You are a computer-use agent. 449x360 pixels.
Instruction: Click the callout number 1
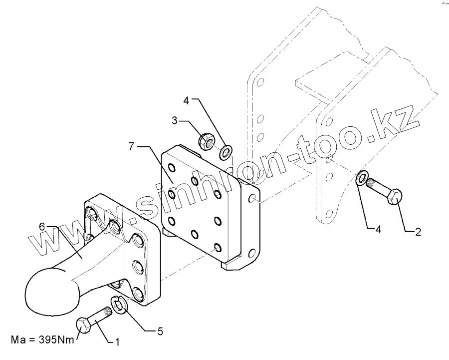(x=117, y=342)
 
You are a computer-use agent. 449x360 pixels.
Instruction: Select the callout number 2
(x=418, y=231)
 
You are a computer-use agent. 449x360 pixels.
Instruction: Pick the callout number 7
(x=131, y=147)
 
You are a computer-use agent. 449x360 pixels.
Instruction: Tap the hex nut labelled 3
(x=207, y=141)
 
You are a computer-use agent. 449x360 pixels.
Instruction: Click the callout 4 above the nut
(x=186, y=100)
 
